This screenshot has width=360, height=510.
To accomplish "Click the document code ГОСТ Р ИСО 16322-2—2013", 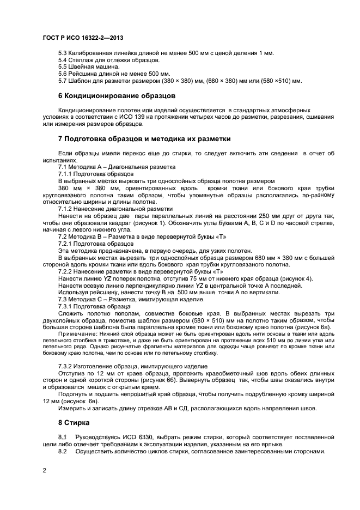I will (x=82, y=38).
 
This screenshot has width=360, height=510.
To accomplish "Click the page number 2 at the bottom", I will (x=44, y=470).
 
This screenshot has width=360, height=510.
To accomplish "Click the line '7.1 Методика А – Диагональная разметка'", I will (x=117, y=167).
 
